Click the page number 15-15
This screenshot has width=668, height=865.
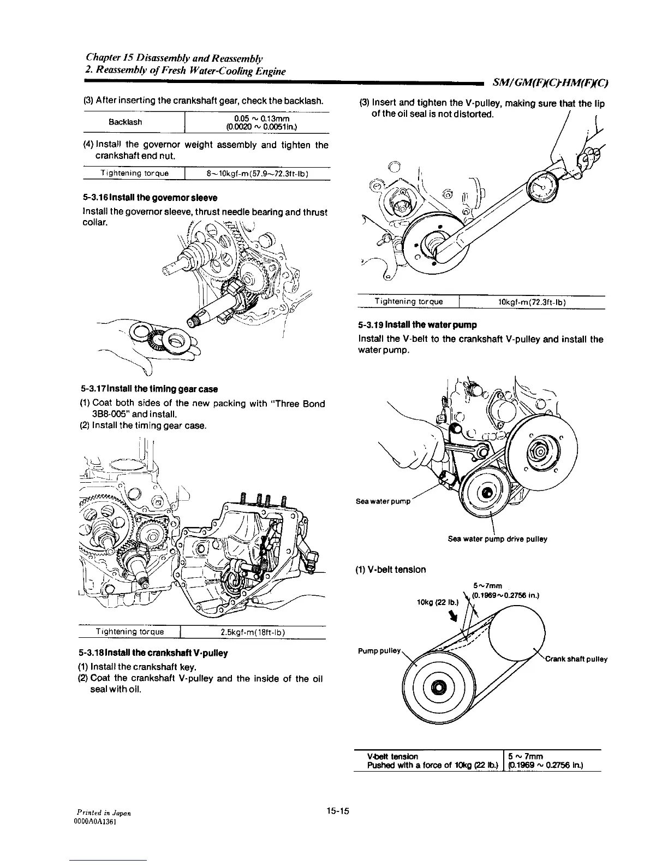click(x=338, y=811)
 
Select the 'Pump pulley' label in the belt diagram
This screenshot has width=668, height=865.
click(x=380, y=651)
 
